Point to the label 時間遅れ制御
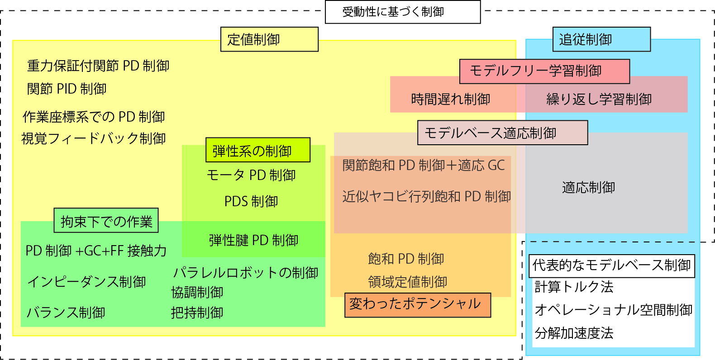(x=450, y=99)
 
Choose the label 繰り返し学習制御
(x=599, y=99)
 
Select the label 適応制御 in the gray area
(x=588, y=187)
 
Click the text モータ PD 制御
(x=251, y=175)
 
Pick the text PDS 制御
(x=251, y=201)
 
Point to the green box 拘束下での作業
(x=106, y=221)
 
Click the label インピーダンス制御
(x=86, y=282)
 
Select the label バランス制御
(x=66, y=313)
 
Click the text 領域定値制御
(x=407, y=282)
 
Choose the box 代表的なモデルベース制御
(x=611, y=265)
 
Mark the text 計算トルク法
(x=574, y=287)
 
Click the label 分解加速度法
(x=574, y=333)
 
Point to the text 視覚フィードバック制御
(x=94, y=138)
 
